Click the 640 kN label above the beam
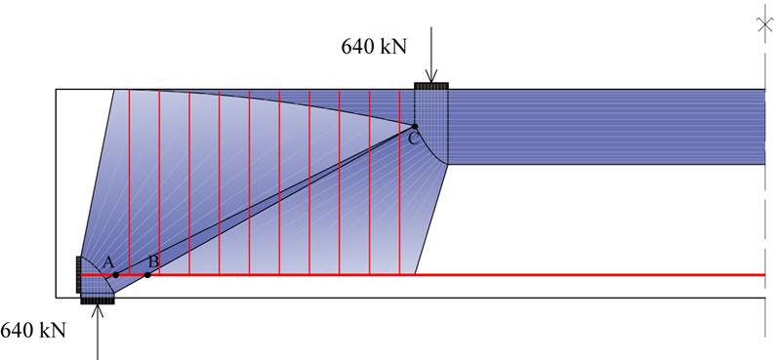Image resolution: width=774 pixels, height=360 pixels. pos(375,46)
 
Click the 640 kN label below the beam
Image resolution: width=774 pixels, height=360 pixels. pos(33,331)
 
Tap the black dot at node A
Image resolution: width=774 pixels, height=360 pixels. pos(115,275)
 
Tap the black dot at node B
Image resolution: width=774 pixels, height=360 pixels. pos(147,275)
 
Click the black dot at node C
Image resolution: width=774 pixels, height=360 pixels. pos(414,126)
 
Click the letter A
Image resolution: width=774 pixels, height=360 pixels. pos(108,261)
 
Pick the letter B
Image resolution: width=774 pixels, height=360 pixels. pos(152,261)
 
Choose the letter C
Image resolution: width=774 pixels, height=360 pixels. pos(414,140)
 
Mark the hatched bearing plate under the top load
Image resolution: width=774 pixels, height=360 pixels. pos(431,86)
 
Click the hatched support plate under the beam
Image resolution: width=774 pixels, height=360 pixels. pos(98,299)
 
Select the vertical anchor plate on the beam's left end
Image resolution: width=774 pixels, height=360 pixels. pos(78,274)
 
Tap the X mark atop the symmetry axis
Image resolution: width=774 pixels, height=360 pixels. pos(764,24)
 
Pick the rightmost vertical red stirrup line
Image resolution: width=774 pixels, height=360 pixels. pos(400,195)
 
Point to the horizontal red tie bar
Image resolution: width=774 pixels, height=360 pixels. pos(488,275)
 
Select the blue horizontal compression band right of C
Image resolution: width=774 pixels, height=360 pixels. pos(605,127)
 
